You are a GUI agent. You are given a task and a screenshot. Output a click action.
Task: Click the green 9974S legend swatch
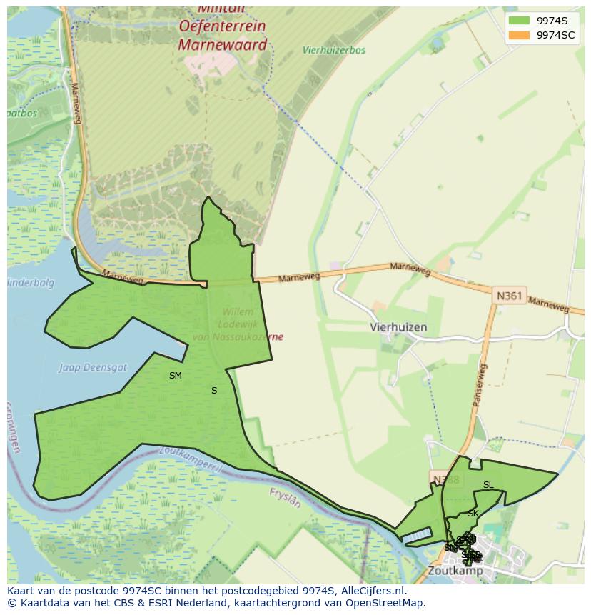pos(519,21)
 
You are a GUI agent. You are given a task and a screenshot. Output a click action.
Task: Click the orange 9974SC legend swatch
pos(519,35)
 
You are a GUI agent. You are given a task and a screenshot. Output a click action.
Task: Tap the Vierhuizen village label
pos(398,327)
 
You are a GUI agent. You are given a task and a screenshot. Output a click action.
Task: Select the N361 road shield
pos(508,294)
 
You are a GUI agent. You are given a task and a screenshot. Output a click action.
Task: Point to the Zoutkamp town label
pos(455,571)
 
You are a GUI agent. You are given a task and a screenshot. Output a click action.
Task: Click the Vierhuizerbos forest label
pos(334,51)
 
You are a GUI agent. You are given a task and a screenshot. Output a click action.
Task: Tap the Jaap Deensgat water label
pos(92,367)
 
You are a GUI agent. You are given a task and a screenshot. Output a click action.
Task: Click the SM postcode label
pos(176,376)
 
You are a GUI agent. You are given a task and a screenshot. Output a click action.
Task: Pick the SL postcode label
pos(488,485)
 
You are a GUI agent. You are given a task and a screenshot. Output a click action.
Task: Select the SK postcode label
pos(473,514)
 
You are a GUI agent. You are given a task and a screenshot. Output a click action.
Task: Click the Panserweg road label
pos(479,386)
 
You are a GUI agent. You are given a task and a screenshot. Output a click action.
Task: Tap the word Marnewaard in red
pos(222,45)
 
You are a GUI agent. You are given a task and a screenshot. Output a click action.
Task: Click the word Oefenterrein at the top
pos(222,26)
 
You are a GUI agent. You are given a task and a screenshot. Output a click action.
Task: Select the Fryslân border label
pos(285,497)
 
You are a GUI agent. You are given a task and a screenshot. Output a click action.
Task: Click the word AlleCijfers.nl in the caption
pos(371,591)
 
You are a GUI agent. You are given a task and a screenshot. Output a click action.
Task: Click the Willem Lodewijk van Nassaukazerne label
pos(238,324)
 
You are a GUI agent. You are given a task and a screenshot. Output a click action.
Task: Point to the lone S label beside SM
pos(214,391)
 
